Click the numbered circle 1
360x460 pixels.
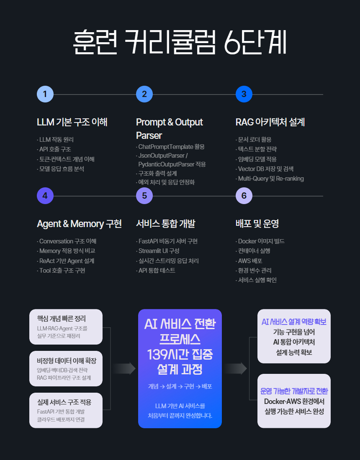coord(45,94)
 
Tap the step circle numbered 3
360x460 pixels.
coord(244,94)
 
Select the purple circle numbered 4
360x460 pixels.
coord(45,196)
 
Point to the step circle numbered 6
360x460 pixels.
coord(244,196)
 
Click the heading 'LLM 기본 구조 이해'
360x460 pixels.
coord(72,122)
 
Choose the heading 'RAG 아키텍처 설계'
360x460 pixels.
coord(270,122)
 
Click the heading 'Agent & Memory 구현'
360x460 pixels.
coord(79,224)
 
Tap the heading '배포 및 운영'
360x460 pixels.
coord(257,224)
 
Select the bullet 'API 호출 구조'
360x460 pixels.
coord(55,149)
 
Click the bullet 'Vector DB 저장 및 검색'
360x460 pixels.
coord(265,169)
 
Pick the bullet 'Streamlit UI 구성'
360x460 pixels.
coord(159,251)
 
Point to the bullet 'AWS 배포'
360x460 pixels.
coord(250,261)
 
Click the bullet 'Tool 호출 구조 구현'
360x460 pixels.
coord(62,271)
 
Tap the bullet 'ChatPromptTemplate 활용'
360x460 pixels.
coord(171,147)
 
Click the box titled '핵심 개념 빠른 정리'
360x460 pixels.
coord(66,327)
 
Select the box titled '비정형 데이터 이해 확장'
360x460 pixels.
coord(66,368)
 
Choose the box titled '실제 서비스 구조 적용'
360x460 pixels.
coord(66,410)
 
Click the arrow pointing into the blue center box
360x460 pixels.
coord(124,368)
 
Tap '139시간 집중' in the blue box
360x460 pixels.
coord(180,355)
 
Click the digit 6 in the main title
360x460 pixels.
coord(233,43)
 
